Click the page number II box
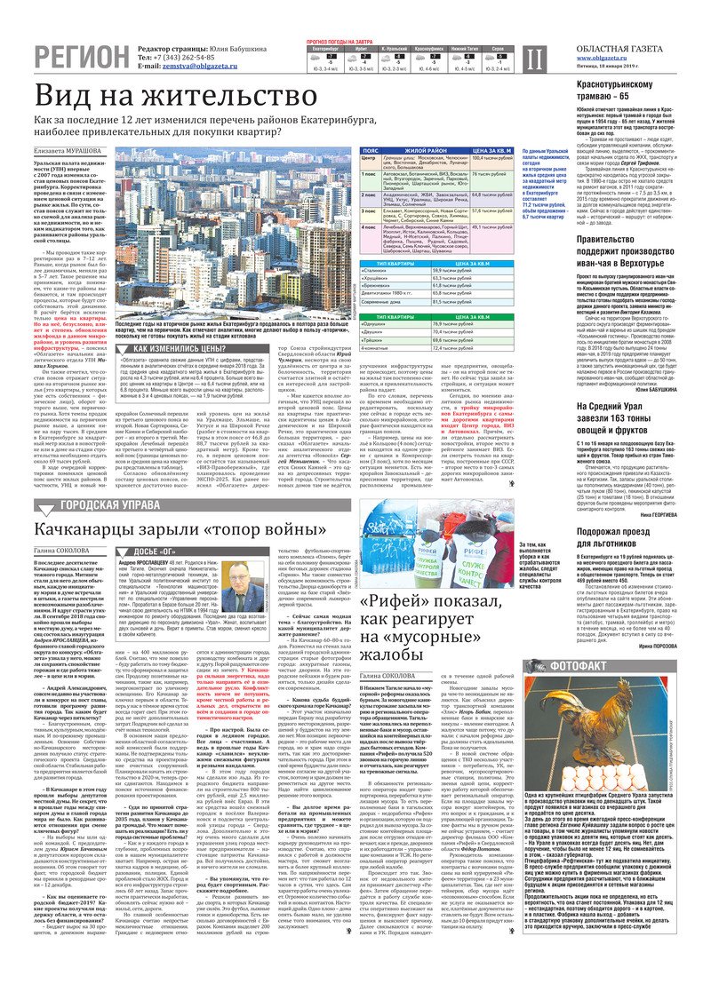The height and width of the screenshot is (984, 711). point(532,59)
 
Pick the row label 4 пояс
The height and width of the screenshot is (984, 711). point(368,226)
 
